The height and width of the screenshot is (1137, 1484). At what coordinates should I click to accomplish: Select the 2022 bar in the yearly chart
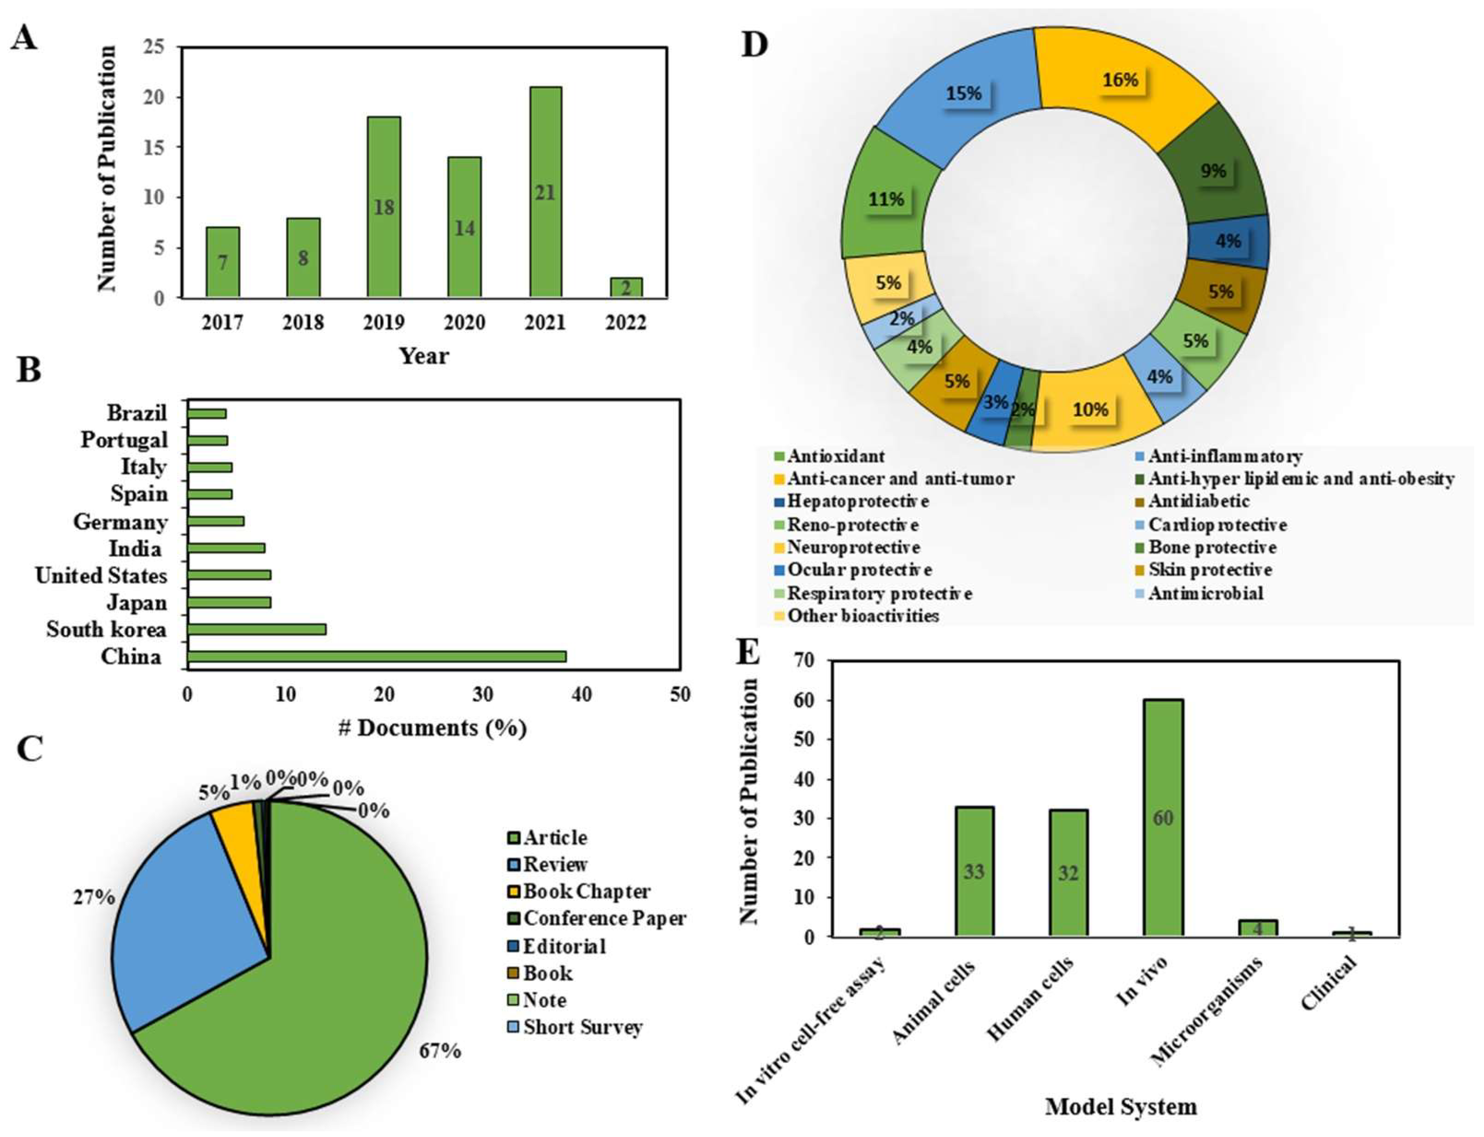[x=626, y=288]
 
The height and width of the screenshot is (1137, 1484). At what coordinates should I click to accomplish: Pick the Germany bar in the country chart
[x=215, y=521]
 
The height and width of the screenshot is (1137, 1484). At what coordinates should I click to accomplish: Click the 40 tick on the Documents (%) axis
[x=582, y=694]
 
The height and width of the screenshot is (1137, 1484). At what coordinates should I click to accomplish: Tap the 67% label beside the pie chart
[x=440, y=1051]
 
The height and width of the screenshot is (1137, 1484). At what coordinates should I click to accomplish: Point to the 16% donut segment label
[x=1120, y=80]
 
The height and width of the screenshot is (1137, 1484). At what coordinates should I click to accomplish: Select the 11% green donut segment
[x=887, y=200]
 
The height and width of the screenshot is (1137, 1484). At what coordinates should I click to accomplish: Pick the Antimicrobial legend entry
[x=1205, y=593]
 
